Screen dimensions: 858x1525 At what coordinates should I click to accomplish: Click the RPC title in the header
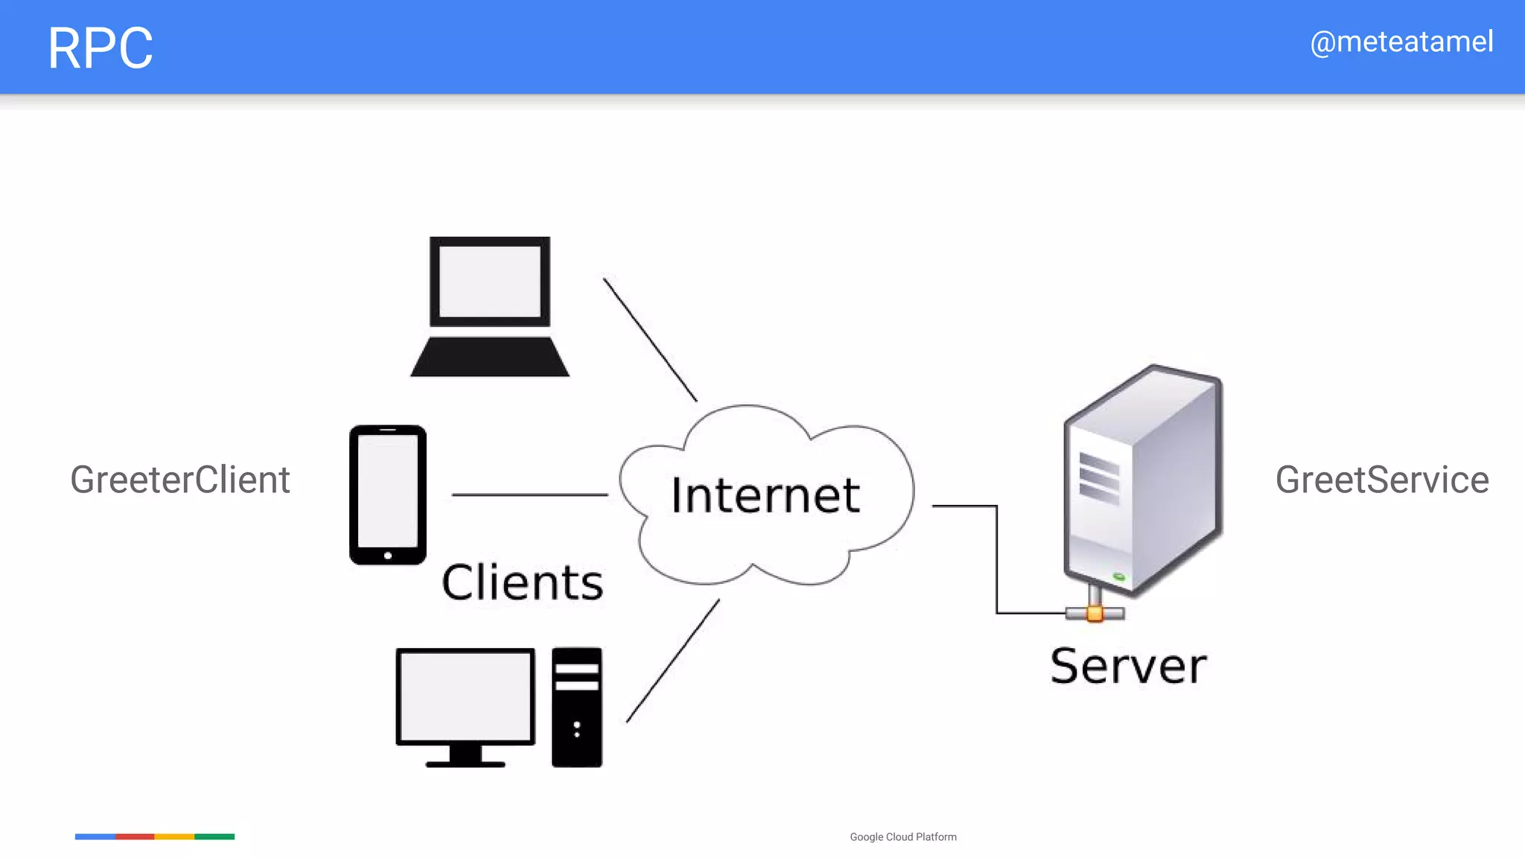(100, 48)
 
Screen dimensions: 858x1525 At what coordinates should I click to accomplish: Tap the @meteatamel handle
(1401, 42)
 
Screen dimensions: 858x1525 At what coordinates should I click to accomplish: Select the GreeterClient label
(180, 480)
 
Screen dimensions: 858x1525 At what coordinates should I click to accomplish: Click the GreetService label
(1382, 480)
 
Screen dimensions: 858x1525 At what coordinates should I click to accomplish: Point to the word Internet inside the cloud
(765, 495)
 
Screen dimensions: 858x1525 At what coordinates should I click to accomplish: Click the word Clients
(522, 582)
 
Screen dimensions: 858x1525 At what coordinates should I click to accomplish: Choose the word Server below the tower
(1128, 666)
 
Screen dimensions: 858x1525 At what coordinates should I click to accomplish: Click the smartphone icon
(388, 495)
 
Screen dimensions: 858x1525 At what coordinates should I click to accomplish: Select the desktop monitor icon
(465, 704)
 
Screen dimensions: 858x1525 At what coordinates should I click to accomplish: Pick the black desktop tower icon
(577, 707)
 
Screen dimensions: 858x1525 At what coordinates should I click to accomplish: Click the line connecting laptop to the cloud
(650, 340)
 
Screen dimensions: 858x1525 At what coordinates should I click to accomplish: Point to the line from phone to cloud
(529, 495)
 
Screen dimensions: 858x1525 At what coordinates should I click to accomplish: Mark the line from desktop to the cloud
(673, 661)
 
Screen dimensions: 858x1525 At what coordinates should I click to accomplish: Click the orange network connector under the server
(1095, 614)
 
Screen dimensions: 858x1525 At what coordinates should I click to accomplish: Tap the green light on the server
(1118, 576)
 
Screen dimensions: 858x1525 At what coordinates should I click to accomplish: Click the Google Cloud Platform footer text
(903, 837)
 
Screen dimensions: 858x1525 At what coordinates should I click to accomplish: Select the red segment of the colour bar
(135, 836)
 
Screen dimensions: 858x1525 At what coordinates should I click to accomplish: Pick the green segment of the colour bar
(214, 836)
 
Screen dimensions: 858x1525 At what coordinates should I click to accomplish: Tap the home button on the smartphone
(388, 556)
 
